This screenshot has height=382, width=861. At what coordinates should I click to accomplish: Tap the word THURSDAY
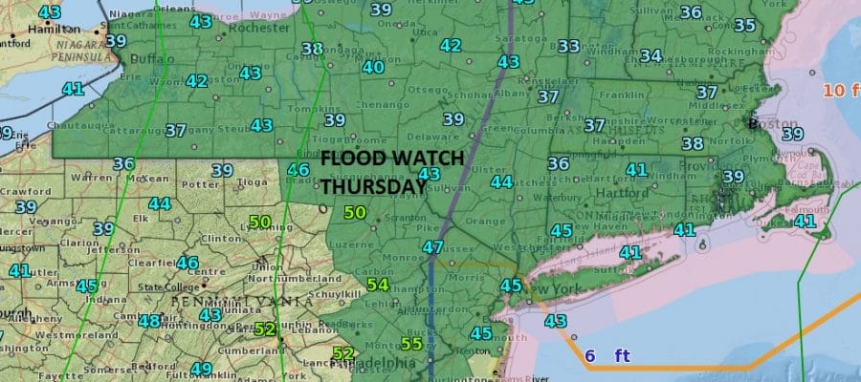pyautogui.click(x=372, y=187)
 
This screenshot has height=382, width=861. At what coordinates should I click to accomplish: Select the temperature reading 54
pyautogui.click(x=377, y=285)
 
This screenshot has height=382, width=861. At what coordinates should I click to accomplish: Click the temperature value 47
pyautogui.click(x=432, y=247)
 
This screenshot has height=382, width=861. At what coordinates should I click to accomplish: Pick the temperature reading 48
pyautogui.click(x=149, y=321)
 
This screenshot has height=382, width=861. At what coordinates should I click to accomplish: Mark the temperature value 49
pyautogui.click(x=200, y=369)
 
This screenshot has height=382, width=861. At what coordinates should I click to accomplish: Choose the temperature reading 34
pyautogui.click(x=651, y=55)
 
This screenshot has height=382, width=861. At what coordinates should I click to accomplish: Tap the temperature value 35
pyautogui.click(x=743, y=25)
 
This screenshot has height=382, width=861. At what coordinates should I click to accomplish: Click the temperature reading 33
pyautogui.click(x=568, y=46)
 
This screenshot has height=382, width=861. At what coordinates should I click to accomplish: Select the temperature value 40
pyautogui.click(x=373, y=67)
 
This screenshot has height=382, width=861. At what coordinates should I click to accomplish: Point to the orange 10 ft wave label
pyautogui.click(x=840, y=91)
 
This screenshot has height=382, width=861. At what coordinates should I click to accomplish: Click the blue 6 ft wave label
pyautogui.click(x=607, y=356)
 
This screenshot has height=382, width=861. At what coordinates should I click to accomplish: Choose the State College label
pyautogui.click(x=166, y=286)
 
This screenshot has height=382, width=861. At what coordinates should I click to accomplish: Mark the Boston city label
pyautogui.click(x=776, y=123)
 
